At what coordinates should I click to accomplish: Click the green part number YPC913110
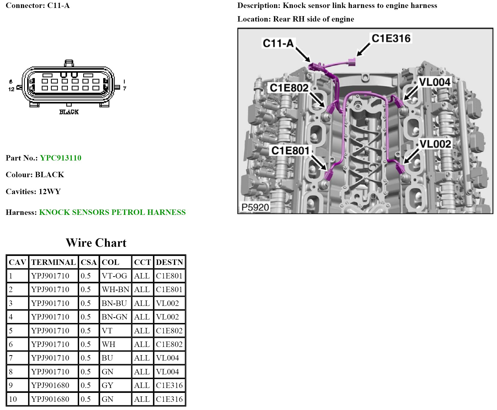[61, 158]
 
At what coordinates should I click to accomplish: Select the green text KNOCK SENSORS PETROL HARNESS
[112, 212]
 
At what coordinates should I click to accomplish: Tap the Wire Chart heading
[96, 243]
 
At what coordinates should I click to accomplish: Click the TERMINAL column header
[53, 262]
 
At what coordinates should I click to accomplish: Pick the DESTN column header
[170, 262]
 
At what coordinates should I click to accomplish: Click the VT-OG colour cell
[114, 276]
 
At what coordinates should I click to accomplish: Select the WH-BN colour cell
[115, 289]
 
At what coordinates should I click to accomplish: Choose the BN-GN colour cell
[114, 317]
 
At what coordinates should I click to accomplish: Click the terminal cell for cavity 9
[50, 385]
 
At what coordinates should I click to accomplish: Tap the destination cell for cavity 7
[167, 358]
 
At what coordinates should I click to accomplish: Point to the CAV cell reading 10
[13, 399]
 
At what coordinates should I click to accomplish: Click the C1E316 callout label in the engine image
[391, 38]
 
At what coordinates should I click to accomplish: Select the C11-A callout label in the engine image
[278, 43]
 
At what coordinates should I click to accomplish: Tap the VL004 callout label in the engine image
[435, 82]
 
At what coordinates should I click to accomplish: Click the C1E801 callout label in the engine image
[290, 151]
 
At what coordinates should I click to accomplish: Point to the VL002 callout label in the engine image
[435, 144]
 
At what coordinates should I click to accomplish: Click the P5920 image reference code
[255, 207]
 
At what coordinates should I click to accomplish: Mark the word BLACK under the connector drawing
[69, 112]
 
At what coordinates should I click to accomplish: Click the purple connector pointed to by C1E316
[352, 62]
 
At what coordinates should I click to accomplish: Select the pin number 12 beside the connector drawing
[11, 89]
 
